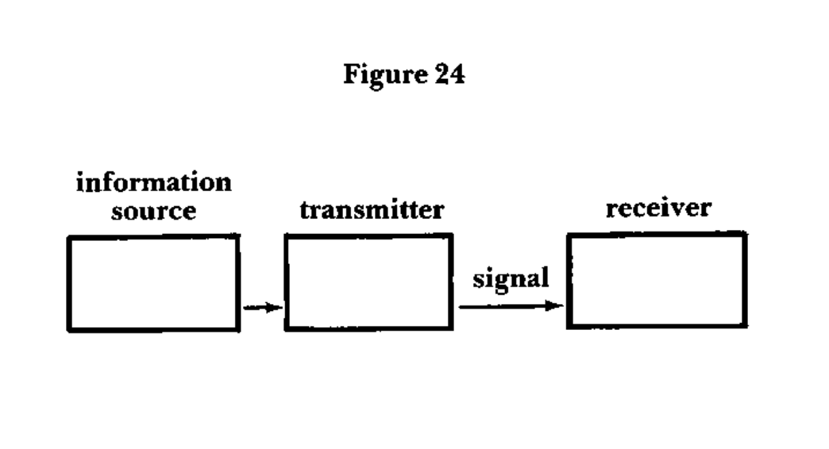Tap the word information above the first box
click(154, 183)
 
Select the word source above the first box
click(154, 211)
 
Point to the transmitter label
click(372, 210)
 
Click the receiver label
click(658, 207)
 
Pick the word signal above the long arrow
click(510, 279)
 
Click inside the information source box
click(153, 283)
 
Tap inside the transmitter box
click(368, 282)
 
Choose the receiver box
click(657, 280)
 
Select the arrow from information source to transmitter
click(263, 307)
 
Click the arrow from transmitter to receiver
click(510, 306)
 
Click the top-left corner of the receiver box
click(569, 235)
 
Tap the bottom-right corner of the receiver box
click(745, 326)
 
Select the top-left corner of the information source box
click(69, 237)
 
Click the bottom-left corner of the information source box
click(69, 330)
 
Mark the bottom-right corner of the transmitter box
click(451, 329)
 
